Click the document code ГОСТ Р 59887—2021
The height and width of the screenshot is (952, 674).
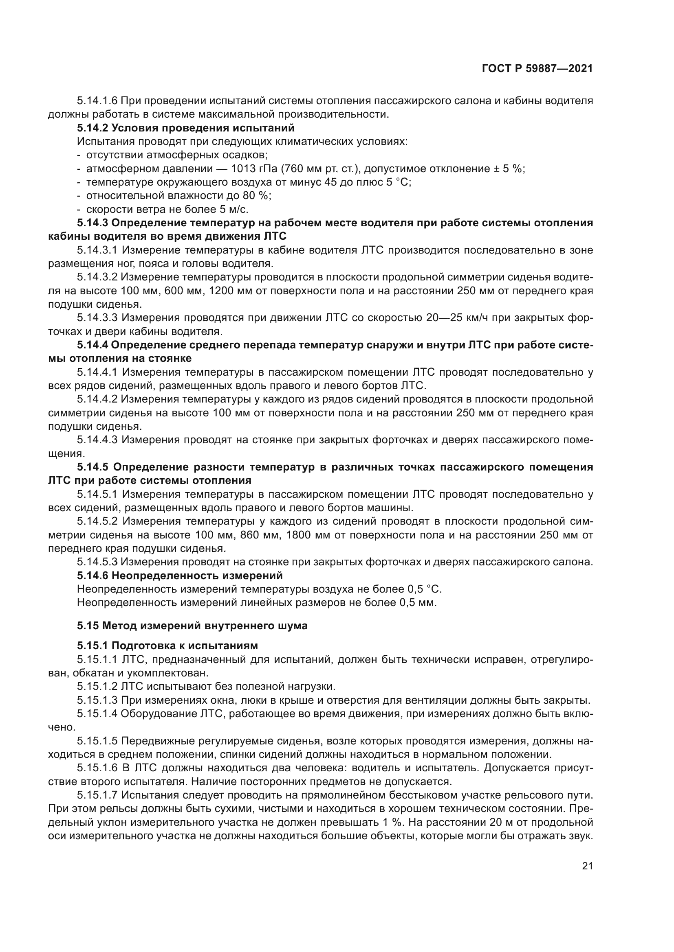tap(537, 69)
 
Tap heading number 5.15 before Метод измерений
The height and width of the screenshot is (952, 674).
tap(88, 626)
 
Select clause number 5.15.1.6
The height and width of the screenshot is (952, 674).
tap(97, 768)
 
